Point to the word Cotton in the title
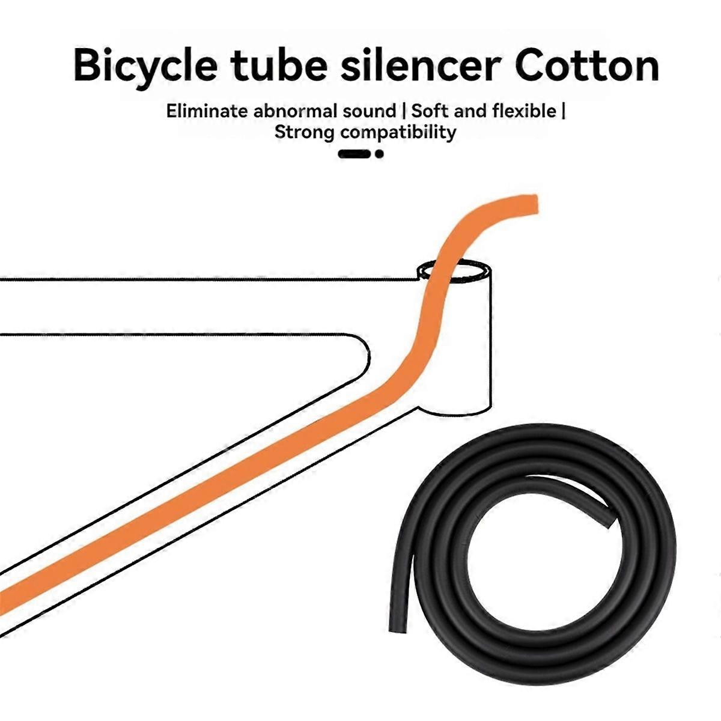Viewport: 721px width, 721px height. click(x=587, y=66)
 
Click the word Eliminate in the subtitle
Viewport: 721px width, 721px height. click(x=207, y=111)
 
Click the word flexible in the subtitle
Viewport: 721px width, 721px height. click(x=524, y=111)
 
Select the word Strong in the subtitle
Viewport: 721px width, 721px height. click(x=304, y=132)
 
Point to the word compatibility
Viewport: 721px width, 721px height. click(x=398, y=132)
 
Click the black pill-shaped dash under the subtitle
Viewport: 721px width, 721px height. click(x=354, y=154)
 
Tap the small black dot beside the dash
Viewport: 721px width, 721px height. click(x=379, y=154)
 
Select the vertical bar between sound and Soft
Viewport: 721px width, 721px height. click(x=403, y=111)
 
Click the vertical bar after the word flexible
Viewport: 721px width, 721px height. click(x=563, y=111)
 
